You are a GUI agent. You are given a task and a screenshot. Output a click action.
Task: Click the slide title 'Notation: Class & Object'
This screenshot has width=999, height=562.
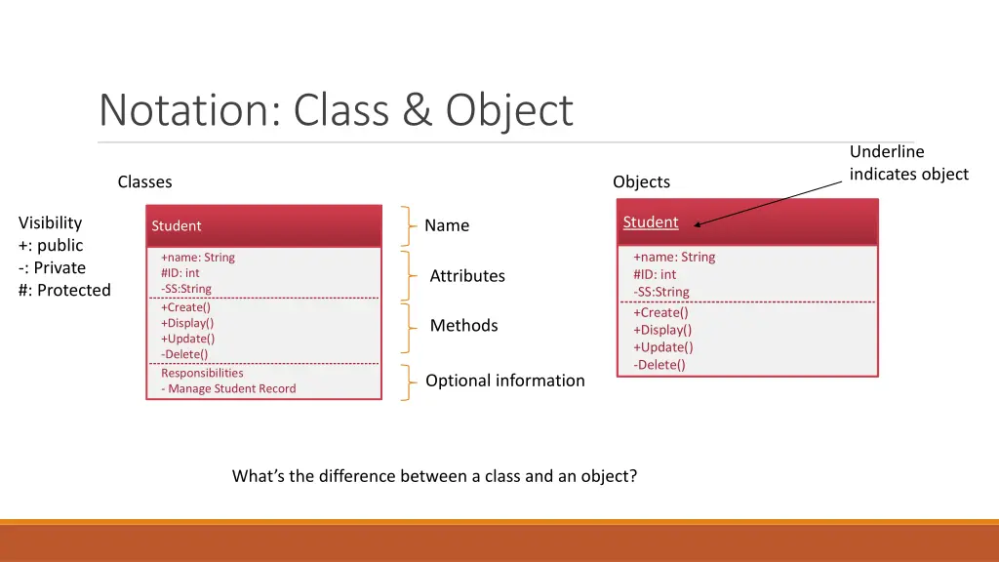coord(336,110)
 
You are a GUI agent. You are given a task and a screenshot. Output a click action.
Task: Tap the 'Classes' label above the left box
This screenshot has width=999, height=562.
coord(144,181)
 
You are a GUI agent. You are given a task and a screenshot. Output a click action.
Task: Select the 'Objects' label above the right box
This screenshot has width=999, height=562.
coord(641,181)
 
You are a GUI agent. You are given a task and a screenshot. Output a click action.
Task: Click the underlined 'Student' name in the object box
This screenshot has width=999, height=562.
coord(651,222)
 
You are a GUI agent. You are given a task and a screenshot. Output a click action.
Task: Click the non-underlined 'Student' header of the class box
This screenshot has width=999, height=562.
coord(177,226)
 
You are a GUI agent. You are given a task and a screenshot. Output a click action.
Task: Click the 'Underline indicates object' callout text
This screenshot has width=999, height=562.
coord(908,163)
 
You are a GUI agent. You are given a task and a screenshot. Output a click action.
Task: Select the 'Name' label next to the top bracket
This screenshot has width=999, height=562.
coord(447,225)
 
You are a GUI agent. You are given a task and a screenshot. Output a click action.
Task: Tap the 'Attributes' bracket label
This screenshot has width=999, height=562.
coord(467,276)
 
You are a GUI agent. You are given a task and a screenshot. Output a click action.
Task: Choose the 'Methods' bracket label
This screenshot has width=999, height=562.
coord(463,326)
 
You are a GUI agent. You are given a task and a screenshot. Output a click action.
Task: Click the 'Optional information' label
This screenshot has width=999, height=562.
coord(505,381)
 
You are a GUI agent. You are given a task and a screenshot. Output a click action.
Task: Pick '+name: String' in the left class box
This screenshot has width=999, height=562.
coord(198,258)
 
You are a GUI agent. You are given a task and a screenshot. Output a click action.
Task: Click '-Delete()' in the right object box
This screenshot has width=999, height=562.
coord(659,365)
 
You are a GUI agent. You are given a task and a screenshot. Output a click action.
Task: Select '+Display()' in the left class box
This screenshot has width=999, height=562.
coord(187,323)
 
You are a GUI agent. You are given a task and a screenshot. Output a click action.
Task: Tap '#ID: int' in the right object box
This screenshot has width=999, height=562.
coord(655,274)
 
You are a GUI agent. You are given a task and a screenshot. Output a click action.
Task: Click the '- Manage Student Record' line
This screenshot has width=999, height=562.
coord(228,388)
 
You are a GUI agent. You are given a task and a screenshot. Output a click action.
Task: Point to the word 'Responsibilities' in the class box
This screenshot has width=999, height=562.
coord(202,373)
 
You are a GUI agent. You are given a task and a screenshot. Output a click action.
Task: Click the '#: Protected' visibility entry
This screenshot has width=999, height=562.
coord(64,291)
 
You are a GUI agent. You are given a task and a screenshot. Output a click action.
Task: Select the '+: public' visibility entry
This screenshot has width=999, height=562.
coord(51,245)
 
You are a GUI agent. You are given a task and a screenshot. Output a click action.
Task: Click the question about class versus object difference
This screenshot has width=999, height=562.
coord(434,476)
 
